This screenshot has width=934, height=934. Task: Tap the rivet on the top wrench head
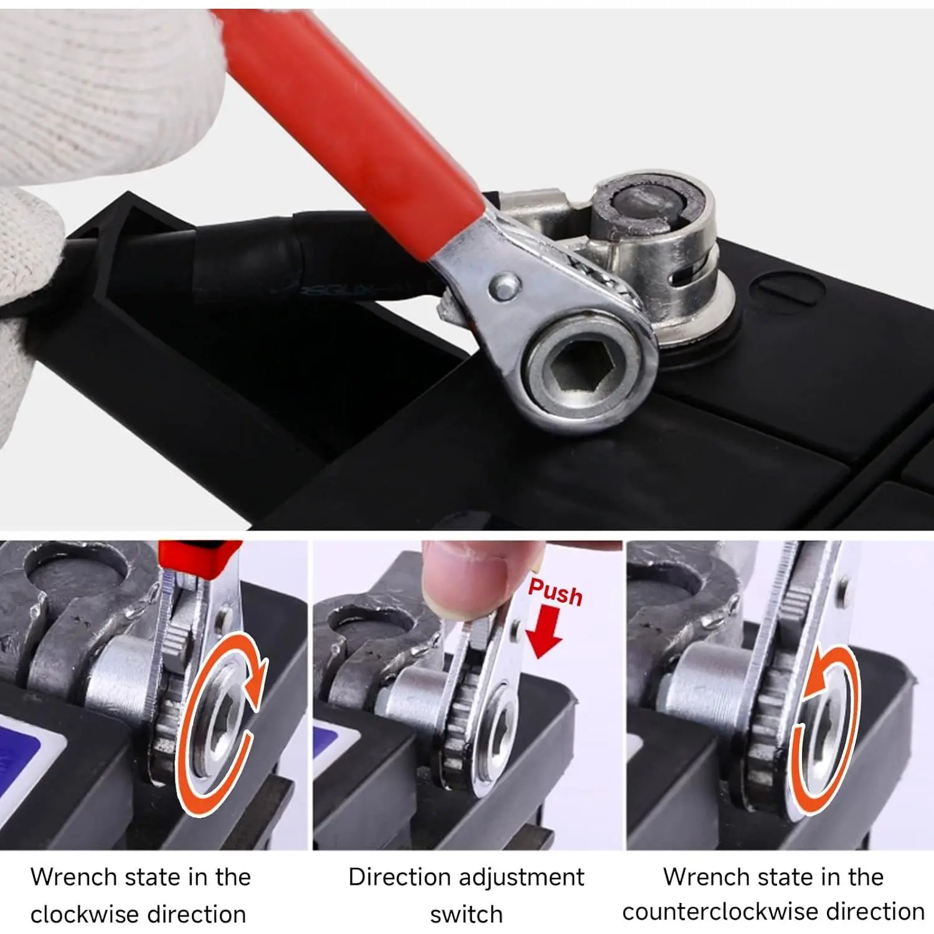(x=504, y=286)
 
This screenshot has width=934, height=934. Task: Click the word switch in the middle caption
(x=466, y=914)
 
